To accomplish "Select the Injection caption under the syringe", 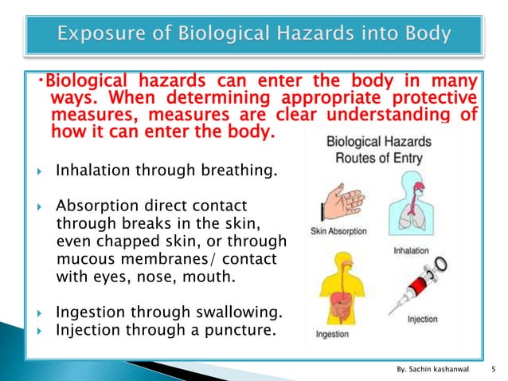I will coord(424,320).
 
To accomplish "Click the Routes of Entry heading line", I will coord(380,157).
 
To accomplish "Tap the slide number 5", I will coord(495,368).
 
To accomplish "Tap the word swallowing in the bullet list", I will coord(240,312).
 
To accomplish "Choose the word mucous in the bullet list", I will coord(89,261).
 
